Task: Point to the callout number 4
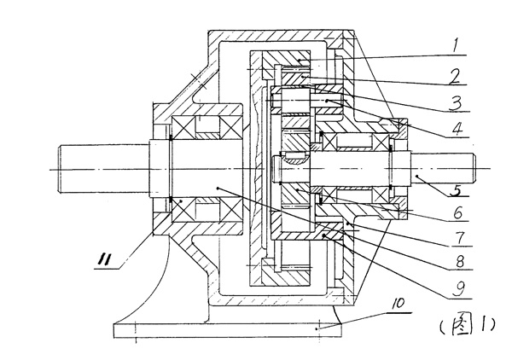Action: click(459, 131)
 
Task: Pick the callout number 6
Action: click(458, 211)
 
